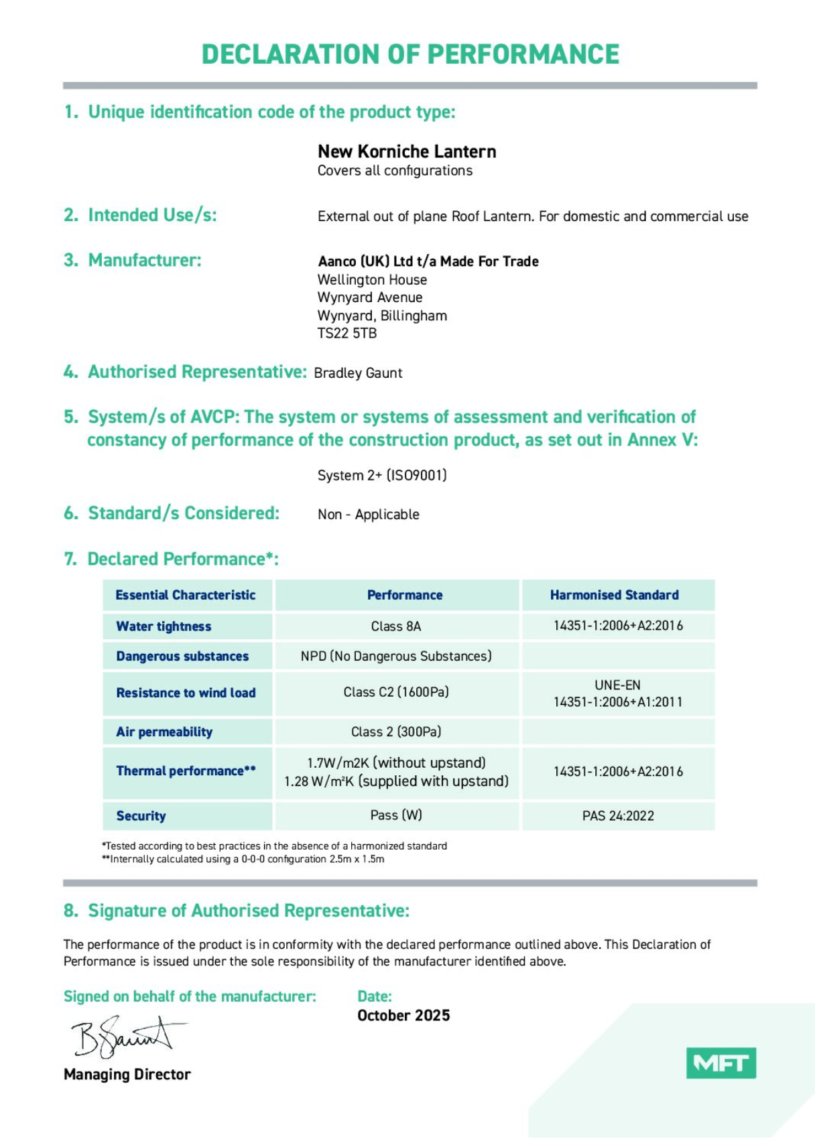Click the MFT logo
(x=720, y=1063)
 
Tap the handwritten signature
(x=127, y=1035)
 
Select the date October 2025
(x=403, y=1015)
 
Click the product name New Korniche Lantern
(x=407, y=151)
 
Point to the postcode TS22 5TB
(x=347, y=333)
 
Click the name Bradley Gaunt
(x=358, y=373)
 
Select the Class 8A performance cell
(x=396, y=626)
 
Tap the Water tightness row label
(x=164, y=626)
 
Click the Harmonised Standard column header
(x=614, y=595)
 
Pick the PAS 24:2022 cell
(x=618, y=815)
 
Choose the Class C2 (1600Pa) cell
(x=396, y=692)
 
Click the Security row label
(x=141, y=815)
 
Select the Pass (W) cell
(x=396, y=815)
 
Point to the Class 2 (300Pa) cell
(x=396, y=732)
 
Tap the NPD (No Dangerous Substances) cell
(x=396, y=656)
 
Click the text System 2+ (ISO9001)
(x=382, y=475)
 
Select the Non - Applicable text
(x=369, y=515)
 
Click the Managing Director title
(x=127, y=1074)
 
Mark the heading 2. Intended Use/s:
(x=141, y=215)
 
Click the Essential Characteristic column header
(x=186, y=595)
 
